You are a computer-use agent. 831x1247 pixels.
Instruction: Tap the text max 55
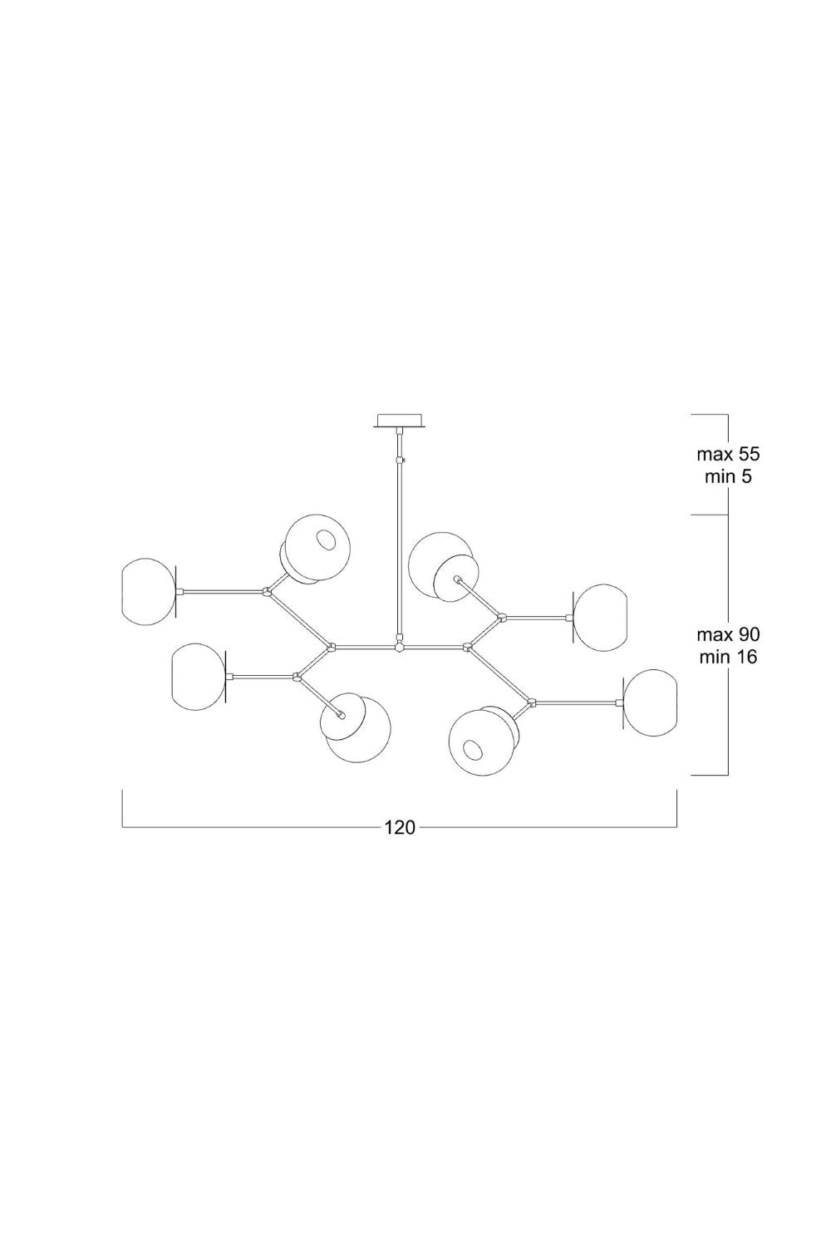[x=728, y=454]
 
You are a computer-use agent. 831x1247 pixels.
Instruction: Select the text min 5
[x=728, y=477]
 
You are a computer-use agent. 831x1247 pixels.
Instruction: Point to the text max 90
[x=728, y=634]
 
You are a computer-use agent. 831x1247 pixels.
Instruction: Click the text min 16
[x=728, y=657]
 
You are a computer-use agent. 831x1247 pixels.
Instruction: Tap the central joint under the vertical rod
[x=399, y=648]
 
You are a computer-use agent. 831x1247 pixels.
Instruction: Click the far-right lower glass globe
[x=650, y=703]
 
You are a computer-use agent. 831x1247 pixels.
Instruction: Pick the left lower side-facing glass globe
[x=199, y=677]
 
